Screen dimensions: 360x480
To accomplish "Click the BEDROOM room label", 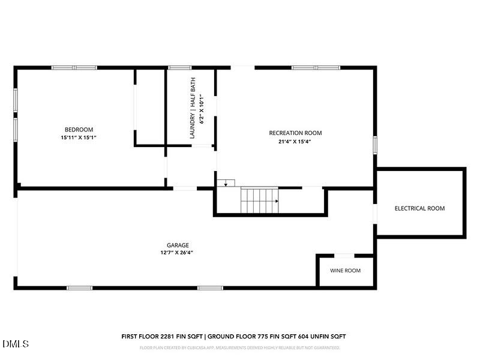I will pyautogui.click(x=79, y=130).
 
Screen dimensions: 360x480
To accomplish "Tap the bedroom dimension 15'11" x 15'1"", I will pyautogui.click(x=79, y=137).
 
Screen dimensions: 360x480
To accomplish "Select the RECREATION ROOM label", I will pyautogui.click(x=295, y=133).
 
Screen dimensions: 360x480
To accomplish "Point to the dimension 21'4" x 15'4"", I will pyautogui.click(x=295, y=142).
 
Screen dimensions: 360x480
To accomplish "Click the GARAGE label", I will pyautogui.click(x=178, y=245).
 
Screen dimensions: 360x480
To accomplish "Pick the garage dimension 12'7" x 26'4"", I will pyautogui.click(x=178, y=253).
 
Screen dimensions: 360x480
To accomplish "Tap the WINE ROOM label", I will pyautogui.click(x=346, y=271).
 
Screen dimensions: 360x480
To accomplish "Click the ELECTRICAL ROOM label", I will pyautogui.click(x=419, y=209).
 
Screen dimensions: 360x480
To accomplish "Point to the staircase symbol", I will pyautogui.click(x=260, y=199).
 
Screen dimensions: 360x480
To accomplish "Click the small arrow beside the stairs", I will pyautogui.click(x=226, y=182).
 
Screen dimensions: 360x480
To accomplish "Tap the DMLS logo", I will pyautogui.click(x=16, y=343).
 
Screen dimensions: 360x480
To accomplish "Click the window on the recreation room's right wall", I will pyautogui.click(x=375, y=145).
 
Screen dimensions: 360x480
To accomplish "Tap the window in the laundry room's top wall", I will pyautogui.click(x=179, y=68).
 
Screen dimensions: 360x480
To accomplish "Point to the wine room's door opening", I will pyautogui.click(x=344, y=256).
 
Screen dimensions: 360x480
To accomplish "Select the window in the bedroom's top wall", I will pyautogui.click(x=74, y=68).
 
